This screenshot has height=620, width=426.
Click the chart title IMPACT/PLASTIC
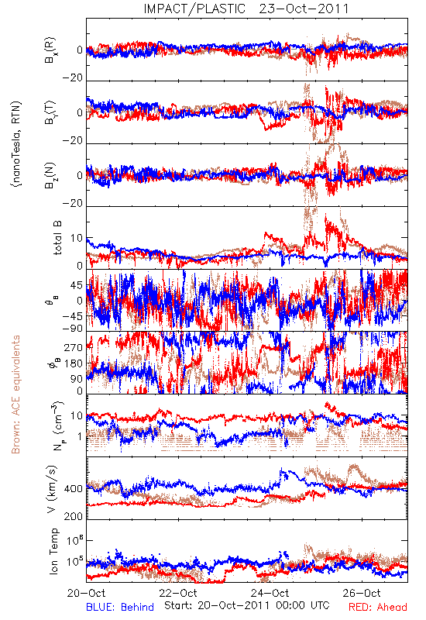pyautogui.click(x=194, y=9)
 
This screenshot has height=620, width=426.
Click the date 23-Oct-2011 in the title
pyautogui.click(x=304, y=9)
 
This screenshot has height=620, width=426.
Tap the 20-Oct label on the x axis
pyautogui.click(x=86, y=593)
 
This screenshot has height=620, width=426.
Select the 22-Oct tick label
pyautogui.click(x=178, y=593)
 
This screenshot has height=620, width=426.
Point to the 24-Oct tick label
pyautogui.click(x=270, y=593)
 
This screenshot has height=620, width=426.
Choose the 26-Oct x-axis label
pyautogui.click(x=362, y=593)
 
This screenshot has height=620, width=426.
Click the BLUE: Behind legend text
pyautogui.click(x=120, y=607)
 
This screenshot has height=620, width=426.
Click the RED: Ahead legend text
pyautogui.click(x=377, y=607)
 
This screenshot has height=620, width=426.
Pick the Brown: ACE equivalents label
pyautogui.click(x=15, y=394)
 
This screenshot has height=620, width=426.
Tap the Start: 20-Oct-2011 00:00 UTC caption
pyautogui.click(x=247, y=605)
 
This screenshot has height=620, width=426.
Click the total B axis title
pyautogui.click(x=57, y=238)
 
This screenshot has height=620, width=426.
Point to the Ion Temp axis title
pyautogui.click(x=53, y=551)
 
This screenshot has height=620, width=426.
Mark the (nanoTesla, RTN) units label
pyautogui.click(x=16, y=143)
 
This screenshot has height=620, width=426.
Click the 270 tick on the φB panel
pyautogui.click(x=74, y=347)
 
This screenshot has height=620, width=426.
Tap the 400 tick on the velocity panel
pyautogui.click(x=74, y=489)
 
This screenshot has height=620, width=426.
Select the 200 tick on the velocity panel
pyautogui.click(x=74, y=516)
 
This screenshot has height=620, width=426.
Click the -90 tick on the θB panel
pyautogui.click(x=73, y=328)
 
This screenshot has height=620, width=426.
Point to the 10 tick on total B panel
pyautogui.click(x=77, y=238)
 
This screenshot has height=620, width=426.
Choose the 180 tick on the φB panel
pyautogui.click(x=74, y=363)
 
